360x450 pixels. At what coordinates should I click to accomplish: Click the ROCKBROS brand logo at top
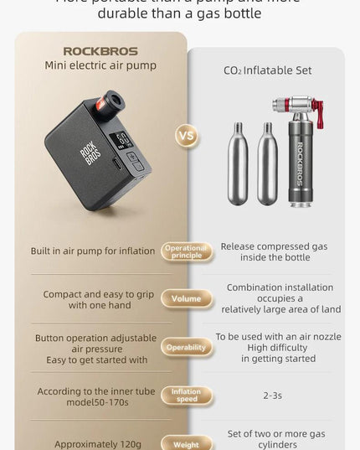click(x=100, y=51)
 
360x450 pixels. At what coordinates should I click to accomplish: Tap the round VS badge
click(x=187, y=136)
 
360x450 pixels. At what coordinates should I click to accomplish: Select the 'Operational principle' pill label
click(x=186, y=251)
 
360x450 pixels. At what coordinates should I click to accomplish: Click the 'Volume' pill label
click(x=186, y=298)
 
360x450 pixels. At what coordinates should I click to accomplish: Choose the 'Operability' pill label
click(x=186, y=347)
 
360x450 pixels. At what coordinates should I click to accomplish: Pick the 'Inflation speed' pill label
click(x=186, y=396)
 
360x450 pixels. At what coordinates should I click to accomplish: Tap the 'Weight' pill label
click(x=186, y=444)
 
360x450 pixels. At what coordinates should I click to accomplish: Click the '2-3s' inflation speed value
click(x=272, y=395)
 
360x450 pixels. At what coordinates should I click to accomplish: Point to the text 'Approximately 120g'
click(x=98, y=444)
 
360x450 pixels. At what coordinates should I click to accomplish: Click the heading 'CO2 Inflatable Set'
click(x=267, y=71)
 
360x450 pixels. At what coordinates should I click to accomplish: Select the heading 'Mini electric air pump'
click(x=100, y=66)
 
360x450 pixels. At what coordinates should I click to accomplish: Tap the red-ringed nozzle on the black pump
click(x=108, y=105)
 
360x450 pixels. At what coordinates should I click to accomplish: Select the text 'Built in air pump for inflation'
click(x=93, y=251)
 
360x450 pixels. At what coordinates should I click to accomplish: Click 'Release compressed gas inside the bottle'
click(x=273, y=251)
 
